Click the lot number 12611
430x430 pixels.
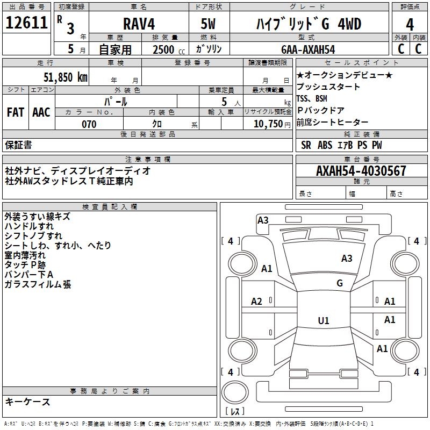click(26, 24)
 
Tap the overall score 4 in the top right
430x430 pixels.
click(410, 24)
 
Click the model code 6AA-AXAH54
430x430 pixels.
click(308, 49)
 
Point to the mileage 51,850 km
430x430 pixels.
click(61, 77)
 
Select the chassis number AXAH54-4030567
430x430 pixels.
click(361, 171)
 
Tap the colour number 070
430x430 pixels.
click(89, 124)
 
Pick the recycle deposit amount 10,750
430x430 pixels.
click(267, 124)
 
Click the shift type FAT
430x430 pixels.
click(16, 112)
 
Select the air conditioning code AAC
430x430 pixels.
click(41, 112)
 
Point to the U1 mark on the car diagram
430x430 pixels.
click(324, 321)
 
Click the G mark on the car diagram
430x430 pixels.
click(340, 283)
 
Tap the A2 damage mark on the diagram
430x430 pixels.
click(257, 302)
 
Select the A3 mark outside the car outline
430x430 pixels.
click(263, 220)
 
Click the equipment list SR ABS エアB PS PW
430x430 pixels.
click(341, 145)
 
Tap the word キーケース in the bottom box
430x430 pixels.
click(28, 402)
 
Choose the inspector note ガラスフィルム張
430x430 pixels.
click(38, 284)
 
